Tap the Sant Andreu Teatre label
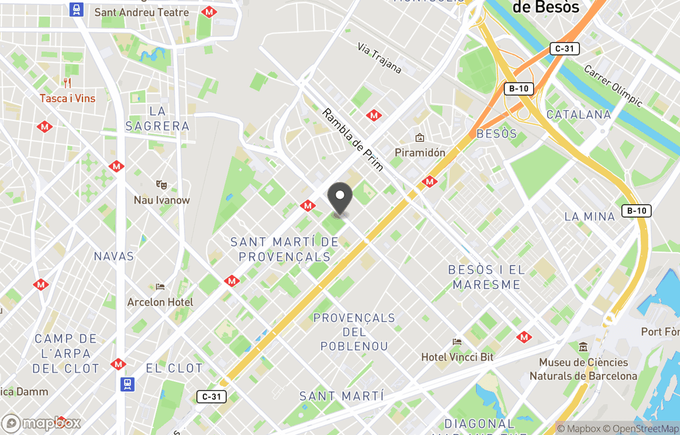tap(141, 12)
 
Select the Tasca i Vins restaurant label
tap(67, 98)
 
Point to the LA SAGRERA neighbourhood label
tap(157, 119)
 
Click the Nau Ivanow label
tap(162, 200)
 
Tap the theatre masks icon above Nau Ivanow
tap(162, 185)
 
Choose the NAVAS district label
tap(114, 256)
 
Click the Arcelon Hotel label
tap(161, 302)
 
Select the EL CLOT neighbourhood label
tap(174, 368)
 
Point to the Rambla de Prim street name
tap(353, 140)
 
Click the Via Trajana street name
tap(380, 58)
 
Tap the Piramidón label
tap(420, 152)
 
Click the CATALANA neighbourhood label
tap(579, 114)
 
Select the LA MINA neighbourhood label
tap(589, 216)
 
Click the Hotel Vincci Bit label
tap(457, 357)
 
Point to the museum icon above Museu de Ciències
tap(583, 347)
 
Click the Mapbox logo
tap(42, 423)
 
